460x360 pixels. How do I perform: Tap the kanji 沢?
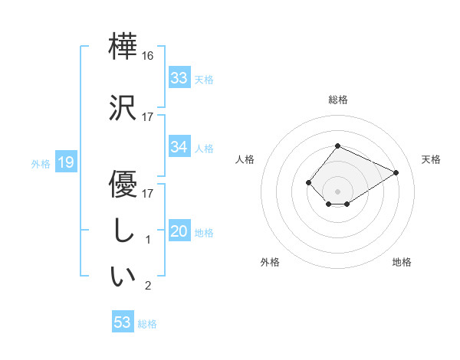[x=123, y=108]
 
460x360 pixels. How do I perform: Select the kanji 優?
[x=123, y=185]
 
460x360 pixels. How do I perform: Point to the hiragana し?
[x=123, y=232]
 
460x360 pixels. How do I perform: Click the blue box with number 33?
[x=179, y=78]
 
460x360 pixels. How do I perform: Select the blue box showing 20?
[x=179, y=231]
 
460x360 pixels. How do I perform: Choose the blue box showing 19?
[x=65, y=162]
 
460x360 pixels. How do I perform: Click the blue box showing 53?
[x=123, y=322]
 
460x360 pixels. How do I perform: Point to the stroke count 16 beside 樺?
[x=148, y=56]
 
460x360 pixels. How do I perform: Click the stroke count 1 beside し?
[x=149, y=241]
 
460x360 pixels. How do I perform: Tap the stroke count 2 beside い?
[x=149, y=286]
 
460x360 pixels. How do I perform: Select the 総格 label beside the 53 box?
[x=147, y=324]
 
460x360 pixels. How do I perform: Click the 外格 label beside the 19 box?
[x=41, y=163]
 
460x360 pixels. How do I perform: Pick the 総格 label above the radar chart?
[x=337, y=100]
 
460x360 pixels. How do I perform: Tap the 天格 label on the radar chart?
[x=432, y=159]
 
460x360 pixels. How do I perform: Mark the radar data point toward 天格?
[x=396, y=172]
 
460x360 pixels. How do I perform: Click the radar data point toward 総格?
[x=337, y=146]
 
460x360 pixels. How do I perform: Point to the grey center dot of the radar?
[x=337, y=190]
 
